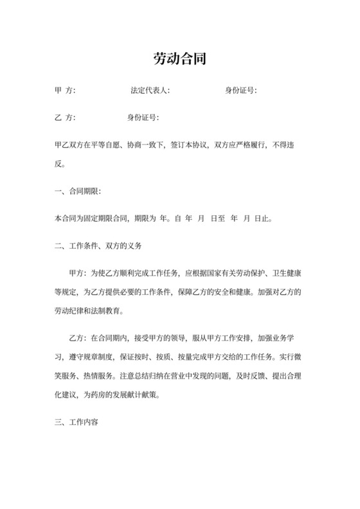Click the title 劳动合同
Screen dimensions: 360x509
180,60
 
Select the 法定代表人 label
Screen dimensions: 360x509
149,91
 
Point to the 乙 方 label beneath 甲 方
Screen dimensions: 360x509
66,118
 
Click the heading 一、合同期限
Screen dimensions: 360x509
78,192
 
